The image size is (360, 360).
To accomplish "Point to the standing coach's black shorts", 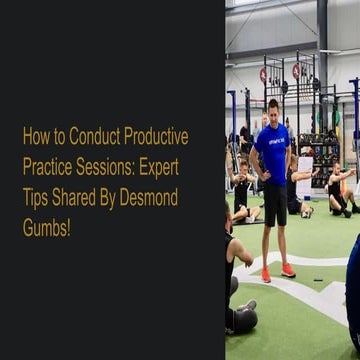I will [x=274, y=204].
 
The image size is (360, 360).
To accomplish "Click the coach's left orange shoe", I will [x=266, y=275].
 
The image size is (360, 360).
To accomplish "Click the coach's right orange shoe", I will [x=288, y=270].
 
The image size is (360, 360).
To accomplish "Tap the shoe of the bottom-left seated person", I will [x=246, y=306].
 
